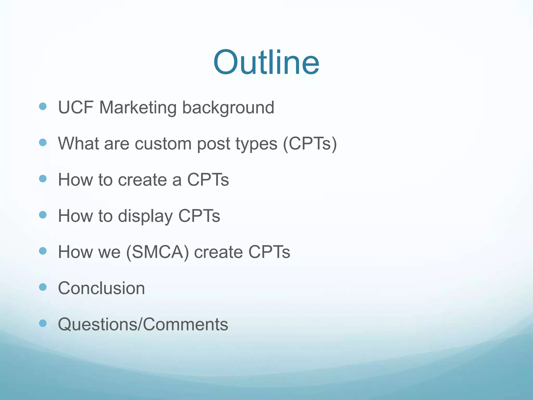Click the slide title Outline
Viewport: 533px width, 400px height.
[266, 63]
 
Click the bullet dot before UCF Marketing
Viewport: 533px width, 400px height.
[43, 106]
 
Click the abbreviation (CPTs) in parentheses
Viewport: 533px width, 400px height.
[310, 144]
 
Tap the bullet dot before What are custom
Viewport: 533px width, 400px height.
[43, 142]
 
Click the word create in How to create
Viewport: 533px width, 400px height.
[142, 180]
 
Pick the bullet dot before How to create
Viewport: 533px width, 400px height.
[43, 179]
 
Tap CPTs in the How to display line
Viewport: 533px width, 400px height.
[199, 216]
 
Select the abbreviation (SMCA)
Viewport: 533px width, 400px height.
[157, 252]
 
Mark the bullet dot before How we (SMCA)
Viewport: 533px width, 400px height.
[43, 251]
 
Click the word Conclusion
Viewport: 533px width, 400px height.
[101, 288]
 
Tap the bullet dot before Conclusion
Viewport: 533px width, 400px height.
[43, 287]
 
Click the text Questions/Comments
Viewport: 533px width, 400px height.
[143, 324]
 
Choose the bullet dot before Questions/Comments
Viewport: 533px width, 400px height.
[43, 323]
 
